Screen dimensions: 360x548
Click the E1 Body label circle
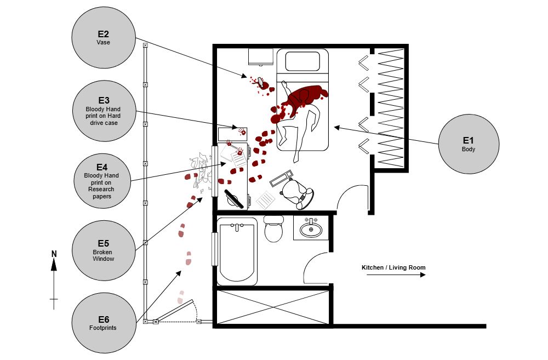(469, 144)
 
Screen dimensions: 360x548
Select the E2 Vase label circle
(104, 37)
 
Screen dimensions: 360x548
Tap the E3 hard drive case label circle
(104, 111)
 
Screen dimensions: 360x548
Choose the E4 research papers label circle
(102, 181)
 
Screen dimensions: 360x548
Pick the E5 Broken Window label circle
(104, 251)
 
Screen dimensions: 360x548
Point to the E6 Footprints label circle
(104, 323)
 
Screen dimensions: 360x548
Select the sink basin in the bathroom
(311, 230)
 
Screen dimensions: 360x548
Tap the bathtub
(237, 251)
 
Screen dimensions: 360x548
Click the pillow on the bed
(302, 61)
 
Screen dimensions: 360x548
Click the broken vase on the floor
(262, 83)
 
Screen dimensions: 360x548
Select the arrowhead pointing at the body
(337, 127)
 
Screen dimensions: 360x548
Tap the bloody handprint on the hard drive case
(242, 132)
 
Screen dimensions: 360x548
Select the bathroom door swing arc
(318, 268)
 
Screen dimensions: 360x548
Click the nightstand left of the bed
(260, 56)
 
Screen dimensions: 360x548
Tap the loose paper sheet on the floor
(266, 200)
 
